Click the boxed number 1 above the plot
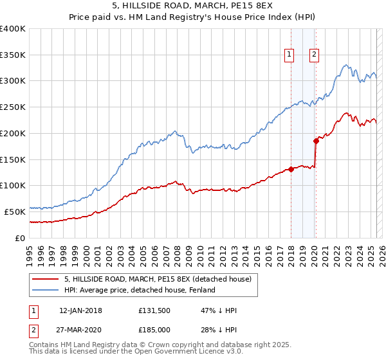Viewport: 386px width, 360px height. click(x=289, y=55)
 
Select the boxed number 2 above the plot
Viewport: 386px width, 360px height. click(x=315, y=55)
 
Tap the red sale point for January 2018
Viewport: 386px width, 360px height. click(x=291, y=169)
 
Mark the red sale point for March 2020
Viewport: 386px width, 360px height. click(x=316, y=141)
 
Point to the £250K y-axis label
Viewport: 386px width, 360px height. click(x=13, y=107)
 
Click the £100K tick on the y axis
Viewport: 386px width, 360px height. click(x=13, y=185)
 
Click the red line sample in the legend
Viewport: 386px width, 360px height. click(x=44, y=278)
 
